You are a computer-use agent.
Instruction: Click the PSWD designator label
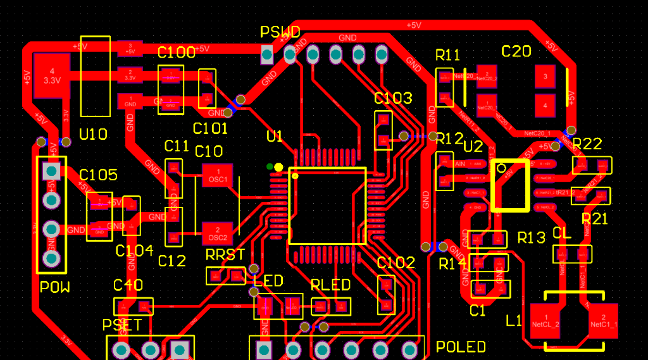280,32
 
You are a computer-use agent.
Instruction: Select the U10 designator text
93,134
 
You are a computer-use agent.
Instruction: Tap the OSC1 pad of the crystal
217,175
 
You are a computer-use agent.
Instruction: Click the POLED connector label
461,347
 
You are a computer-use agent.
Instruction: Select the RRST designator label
225,254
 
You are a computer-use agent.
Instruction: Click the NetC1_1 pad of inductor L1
604,320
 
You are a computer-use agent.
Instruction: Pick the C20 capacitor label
516,52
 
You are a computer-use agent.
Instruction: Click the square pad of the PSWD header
266,55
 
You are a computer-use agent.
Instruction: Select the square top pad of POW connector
51,170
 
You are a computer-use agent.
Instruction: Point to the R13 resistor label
531,238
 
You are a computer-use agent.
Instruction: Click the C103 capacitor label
393,98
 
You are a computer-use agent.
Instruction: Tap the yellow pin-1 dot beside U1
278,166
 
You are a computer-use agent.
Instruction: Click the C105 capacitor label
98,175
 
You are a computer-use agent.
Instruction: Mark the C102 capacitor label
396,263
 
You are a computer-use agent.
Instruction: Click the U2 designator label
473,147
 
